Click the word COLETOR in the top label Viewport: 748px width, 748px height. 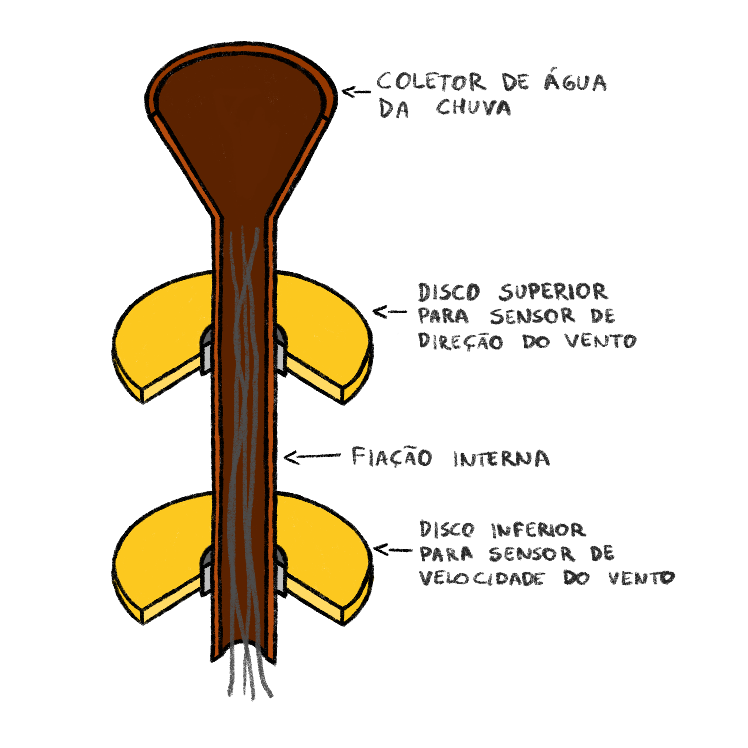430,83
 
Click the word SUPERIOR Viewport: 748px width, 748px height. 553,292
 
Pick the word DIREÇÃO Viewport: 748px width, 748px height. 461,341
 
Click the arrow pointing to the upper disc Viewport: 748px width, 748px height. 389,312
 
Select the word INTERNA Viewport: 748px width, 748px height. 501,459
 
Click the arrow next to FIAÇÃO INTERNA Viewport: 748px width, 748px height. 312,457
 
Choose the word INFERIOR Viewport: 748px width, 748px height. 539,530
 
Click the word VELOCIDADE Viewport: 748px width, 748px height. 482,579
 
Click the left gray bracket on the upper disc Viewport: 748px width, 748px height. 207,350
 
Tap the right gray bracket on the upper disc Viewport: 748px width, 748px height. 280,350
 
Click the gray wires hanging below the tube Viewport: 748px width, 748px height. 248,673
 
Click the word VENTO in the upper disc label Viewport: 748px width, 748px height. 600,341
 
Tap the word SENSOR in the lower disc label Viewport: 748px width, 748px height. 531,554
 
